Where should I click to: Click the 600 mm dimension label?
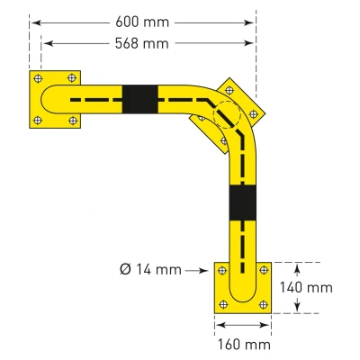point(142,22)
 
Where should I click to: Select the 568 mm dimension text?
point(142,43)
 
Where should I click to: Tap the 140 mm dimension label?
point(306,287)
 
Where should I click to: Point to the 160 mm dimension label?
point(244,345)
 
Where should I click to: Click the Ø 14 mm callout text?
point(150,269)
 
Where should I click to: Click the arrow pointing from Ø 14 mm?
point(196,271)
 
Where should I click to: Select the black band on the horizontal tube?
point(140,99)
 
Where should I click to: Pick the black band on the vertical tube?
point(243,202)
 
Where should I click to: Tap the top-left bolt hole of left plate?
point(38,78)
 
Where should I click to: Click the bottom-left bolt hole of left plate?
point(38,121)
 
